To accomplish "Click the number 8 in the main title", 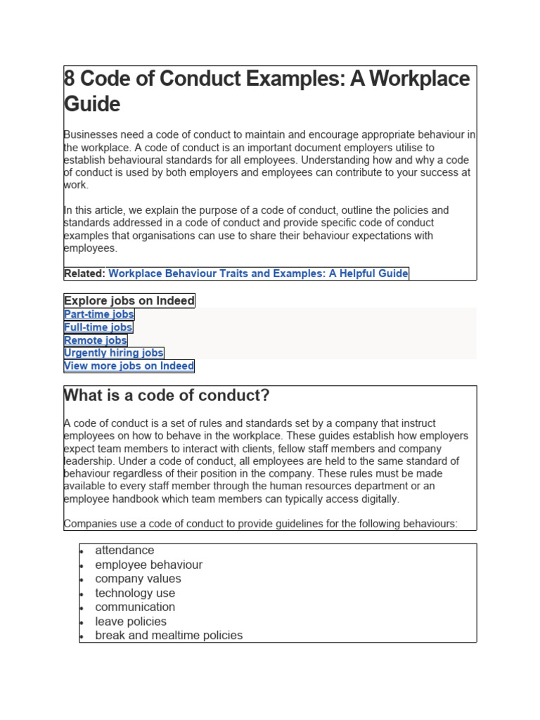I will [69, 79].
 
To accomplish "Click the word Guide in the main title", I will [92, 104].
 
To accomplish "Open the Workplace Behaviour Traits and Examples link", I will [258, 274].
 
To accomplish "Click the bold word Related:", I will [84, 274].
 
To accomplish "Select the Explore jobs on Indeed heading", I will [129, 301].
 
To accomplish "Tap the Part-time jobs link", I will [99, 314].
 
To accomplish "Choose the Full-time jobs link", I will [98, 327].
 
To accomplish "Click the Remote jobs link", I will [96, 340].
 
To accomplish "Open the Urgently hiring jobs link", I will [114, 353].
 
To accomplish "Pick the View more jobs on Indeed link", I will [129, 366].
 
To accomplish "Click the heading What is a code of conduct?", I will [167, 396].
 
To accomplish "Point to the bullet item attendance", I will [124, 551].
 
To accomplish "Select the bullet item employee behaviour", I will [148, 565].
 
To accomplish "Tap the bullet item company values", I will [138, 579].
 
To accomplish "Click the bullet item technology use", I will [135, 593].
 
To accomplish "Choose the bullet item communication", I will [135, 607].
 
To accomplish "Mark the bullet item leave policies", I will [131, 622].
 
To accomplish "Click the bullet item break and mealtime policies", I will [169, 636].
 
